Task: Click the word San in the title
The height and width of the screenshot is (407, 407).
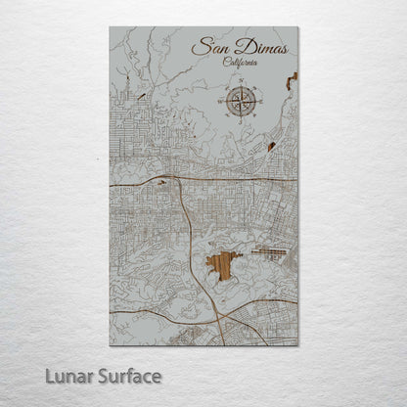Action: click(x=208, y=46)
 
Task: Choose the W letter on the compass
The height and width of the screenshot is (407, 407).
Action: click(x=224, y=101)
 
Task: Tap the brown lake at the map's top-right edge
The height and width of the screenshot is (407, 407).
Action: click(x=292, y=79)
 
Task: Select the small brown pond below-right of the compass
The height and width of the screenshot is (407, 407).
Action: click(x=270, y=147)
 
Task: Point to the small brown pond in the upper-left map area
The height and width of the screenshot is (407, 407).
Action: click(x=143, y=96)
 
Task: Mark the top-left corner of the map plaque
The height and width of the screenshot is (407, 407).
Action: click(x=111, y=27)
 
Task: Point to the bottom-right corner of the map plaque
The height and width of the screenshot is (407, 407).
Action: click(x=297, y=344)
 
